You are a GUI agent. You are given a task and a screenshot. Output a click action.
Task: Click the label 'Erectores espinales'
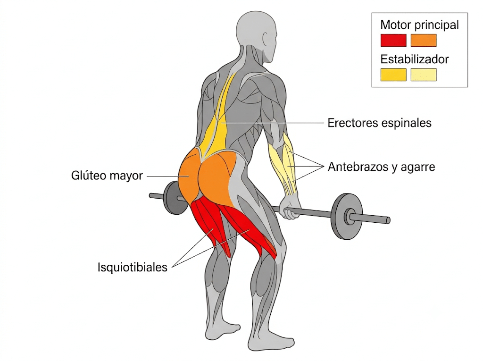[x=379, y=123]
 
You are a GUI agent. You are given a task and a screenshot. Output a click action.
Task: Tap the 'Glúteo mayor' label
[x=107, y=176]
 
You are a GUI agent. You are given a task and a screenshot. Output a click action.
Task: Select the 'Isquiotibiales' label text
[x=133, y=267]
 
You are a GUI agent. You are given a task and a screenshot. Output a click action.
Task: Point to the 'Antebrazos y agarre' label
[x=381, y=167]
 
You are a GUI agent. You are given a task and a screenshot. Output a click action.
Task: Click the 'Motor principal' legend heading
[x=419, y=25]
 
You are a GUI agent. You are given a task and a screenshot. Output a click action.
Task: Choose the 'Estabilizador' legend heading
[x=414, y=59]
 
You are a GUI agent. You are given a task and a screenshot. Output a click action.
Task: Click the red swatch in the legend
[x=393, y=41]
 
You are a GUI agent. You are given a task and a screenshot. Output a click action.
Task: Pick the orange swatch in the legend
[x=424, y=41]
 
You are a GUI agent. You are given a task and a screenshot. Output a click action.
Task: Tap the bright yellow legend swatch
[x=393, y=75]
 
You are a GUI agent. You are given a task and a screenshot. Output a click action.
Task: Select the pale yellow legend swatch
[x=424, y=75]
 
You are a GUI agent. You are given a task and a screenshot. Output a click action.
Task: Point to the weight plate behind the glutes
[x=173, y=197]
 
